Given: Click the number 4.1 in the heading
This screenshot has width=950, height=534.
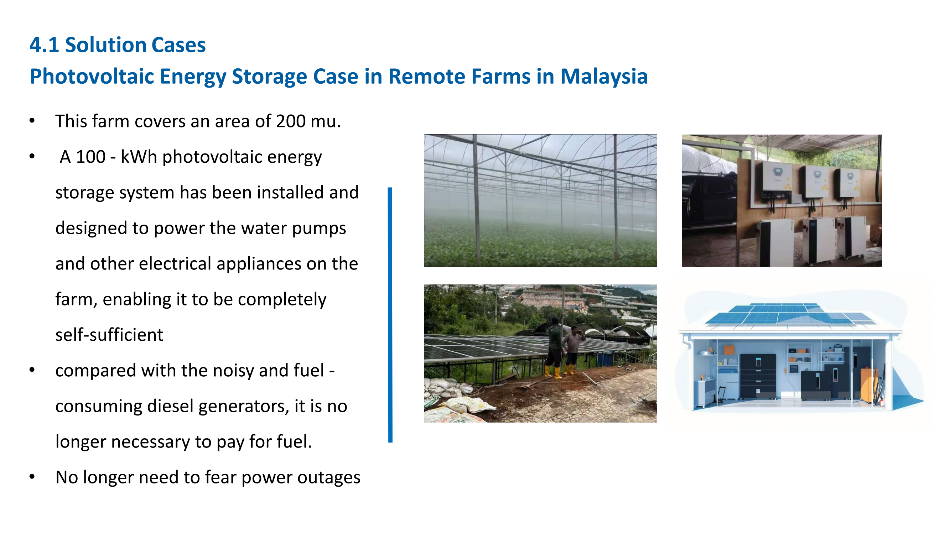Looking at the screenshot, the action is pos(44,45).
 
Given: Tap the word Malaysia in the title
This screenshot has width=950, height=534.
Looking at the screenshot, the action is pos(604,77).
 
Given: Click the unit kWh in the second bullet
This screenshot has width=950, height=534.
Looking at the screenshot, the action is pos(139,157).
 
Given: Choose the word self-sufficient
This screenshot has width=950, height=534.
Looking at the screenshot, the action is pos(109,335).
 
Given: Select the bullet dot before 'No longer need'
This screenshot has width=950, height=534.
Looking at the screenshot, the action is pos(32,477).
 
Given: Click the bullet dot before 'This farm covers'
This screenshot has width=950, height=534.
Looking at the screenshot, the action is pos(32,121).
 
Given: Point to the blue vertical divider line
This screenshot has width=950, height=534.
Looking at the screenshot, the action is pos(390,315).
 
